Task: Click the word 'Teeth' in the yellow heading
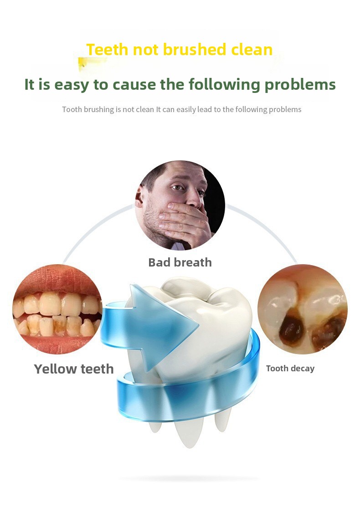coord(108,50)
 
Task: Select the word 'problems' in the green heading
coord(300,85)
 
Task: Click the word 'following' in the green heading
coord(224,85)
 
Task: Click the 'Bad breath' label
coord(180,262)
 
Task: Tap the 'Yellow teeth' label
coord(74,369)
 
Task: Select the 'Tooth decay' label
coord(290,369)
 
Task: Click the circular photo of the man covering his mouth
coord(180,205)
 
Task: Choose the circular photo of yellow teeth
coord(57,309)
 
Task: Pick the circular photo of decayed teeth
coord(303,309)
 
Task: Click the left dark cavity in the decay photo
coord(289,329)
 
